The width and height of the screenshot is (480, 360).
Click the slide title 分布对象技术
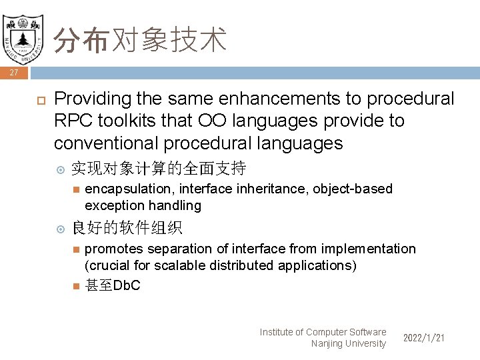(140, 41)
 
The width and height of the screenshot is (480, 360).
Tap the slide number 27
(14, 73)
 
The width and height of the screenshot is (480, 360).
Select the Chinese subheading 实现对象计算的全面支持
(158, 167)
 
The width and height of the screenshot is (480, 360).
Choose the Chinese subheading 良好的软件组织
(126, 229)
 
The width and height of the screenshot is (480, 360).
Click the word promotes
(113, 249)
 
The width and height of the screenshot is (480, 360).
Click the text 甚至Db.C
(113, 286)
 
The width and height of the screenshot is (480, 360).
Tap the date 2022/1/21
(423, 338)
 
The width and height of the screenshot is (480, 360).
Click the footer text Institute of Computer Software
(323, 332)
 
